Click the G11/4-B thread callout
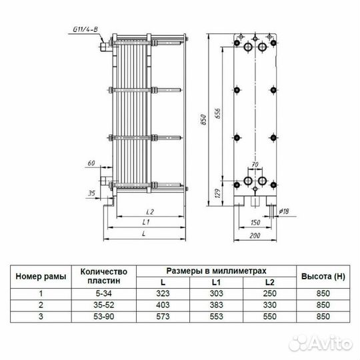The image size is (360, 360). click(85, 29)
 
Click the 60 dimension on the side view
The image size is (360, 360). click(92, 163)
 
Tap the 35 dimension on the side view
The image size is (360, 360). click(92, 195)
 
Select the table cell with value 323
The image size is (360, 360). click(163, 293)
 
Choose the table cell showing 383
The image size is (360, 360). click(216, 305)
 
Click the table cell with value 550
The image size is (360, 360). click(269, 316)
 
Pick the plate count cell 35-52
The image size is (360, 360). click(103, 305)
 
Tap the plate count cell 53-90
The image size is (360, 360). click(103, 316)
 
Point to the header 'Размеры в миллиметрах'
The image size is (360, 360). click(216, 271)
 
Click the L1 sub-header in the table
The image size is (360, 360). click(216, 283)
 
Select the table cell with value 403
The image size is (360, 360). click(163, 305)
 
